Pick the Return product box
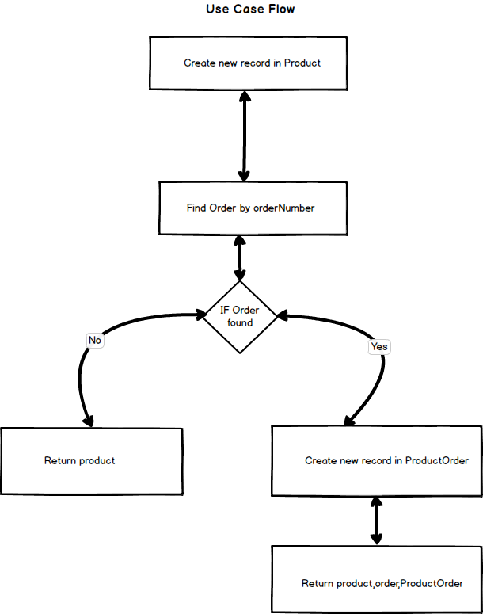91,460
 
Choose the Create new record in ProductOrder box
377,460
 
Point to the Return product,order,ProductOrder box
377,583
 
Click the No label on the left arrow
95,340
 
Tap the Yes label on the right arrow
379,346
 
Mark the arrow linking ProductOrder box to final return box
376,521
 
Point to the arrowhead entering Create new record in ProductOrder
348,420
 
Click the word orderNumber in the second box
284,208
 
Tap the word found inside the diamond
240,322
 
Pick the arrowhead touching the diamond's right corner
283,316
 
